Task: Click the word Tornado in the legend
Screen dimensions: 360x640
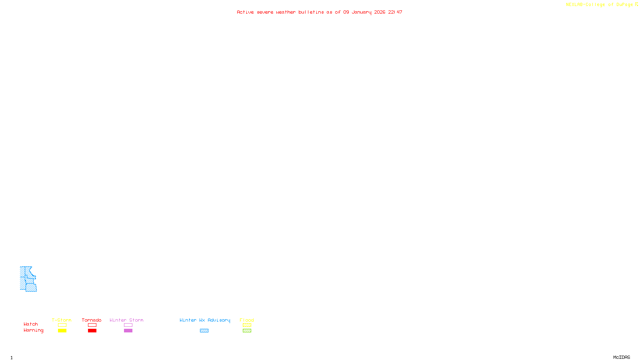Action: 92,320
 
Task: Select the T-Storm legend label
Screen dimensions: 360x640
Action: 62,320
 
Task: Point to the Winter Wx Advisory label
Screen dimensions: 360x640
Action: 205,320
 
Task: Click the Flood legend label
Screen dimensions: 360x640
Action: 247,320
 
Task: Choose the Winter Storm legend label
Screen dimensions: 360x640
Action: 126,320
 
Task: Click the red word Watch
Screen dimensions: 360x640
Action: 31,324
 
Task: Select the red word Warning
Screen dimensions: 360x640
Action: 33,330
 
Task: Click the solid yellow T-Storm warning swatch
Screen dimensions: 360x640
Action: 62,331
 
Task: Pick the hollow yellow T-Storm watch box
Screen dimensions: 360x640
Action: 62,325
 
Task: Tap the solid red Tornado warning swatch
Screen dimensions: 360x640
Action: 92,331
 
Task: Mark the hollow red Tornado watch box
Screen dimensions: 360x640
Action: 92,325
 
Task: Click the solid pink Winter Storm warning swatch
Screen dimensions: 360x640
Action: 128,331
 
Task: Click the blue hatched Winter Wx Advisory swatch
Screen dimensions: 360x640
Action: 204,331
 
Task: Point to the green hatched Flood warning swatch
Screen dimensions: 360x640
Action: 247,331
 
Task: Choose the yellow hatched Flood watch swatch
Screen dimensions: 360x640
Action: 247,325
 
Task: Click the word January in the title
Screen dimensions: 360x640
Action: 362,12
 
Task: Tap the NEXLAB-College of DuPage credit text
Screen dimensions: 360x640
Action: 600,5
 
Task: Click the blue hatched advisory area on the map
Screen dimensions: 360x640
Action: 27,279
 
